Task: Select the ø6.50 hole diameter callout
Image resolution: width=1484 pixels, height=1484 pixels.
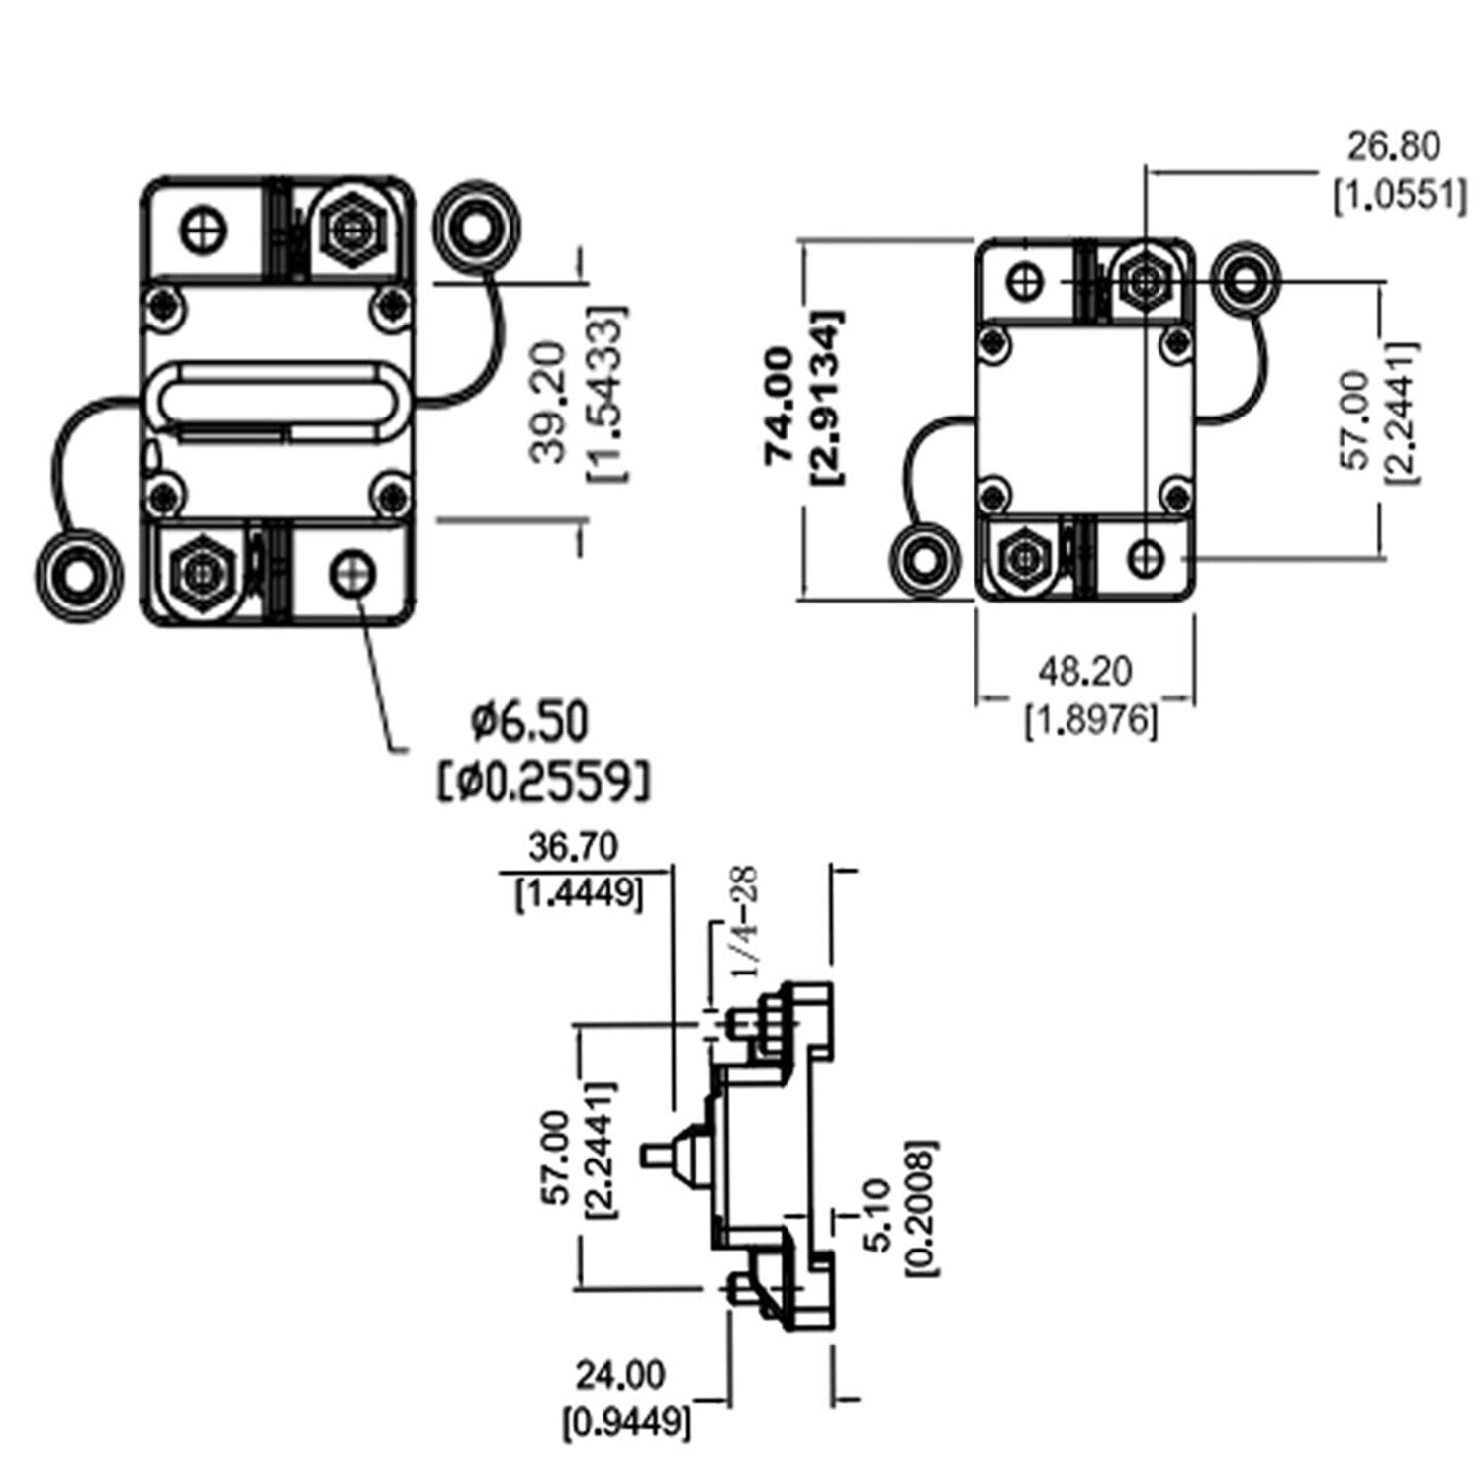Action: pyautogui.click(x=529, y=721)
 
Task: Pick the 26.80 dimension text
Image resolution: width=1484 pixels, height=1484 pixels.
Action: pyautogui.click(x=1394, y=146)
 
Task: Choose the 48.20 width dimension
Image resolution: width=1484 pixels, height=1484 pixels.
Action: pyautogui.click(x=1085, y=672)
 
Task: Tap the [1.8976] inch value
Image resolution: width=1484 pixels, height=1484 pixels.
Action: pyautogui.click(x=1089, y=721)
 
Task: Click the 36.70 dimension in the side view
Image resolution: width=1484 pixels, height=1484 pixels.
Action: pyautogui.click(x=573, y=847)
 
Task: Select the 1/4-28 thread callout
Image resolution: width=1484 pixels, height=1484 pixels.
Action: pyautogui.click(x=744, y=923)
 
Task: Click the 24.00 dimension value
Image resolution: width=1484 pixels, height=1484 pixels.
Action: pyautogui.click(x=620, y=1374)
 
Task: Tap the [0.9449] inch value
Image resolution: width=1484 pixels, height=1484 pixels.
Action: pyautogui.click(x=626, y=1423)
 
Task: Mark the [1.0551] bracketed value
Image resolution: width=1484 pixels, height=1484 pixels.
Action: pyautogui.click(x=1399, y=196)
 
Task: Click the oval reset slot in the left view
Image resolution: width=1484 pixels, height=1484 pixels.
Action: pyautogui.click(x=277, y=399)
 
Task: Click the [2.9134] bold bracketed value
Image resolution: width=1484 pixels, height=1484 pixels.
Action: pyautogui.click(x=827, y=398)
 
